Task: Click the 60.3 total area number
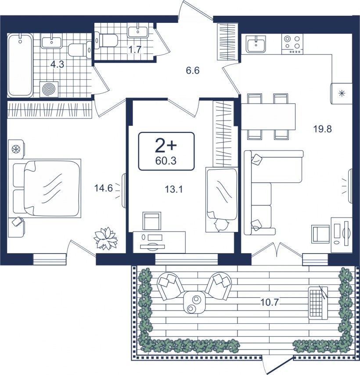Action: coord(166,161)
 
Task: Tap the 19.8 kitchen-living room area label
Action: coord(322,129)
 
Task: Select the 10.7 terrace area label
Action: coord(270,303)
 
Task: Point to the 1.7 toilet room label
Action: coord(135,50)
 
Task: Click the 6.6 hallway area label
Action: coord(193,71)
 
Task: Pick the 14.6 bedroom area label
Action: coord(104,188)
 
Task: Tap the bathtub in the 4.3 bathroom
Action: coord(20,65)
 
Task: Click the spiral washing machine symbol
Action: coord(49,89)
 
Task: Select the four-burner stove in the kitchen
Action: coord(292,44)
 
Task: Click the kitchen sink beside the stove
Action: coord(256,43)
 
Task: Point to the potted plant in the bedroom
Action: coord(106,238)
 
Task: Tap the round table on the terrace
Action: coord(194,302)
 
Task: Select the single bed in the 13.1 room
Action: coord(222,200)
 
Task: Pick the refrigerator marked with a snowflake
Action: coord(342,93)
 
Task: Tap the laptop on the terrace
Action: coord(318,303)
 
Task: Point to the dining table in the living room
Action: coord(268,117)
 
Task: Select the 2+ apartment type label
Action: coord(166,146)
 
